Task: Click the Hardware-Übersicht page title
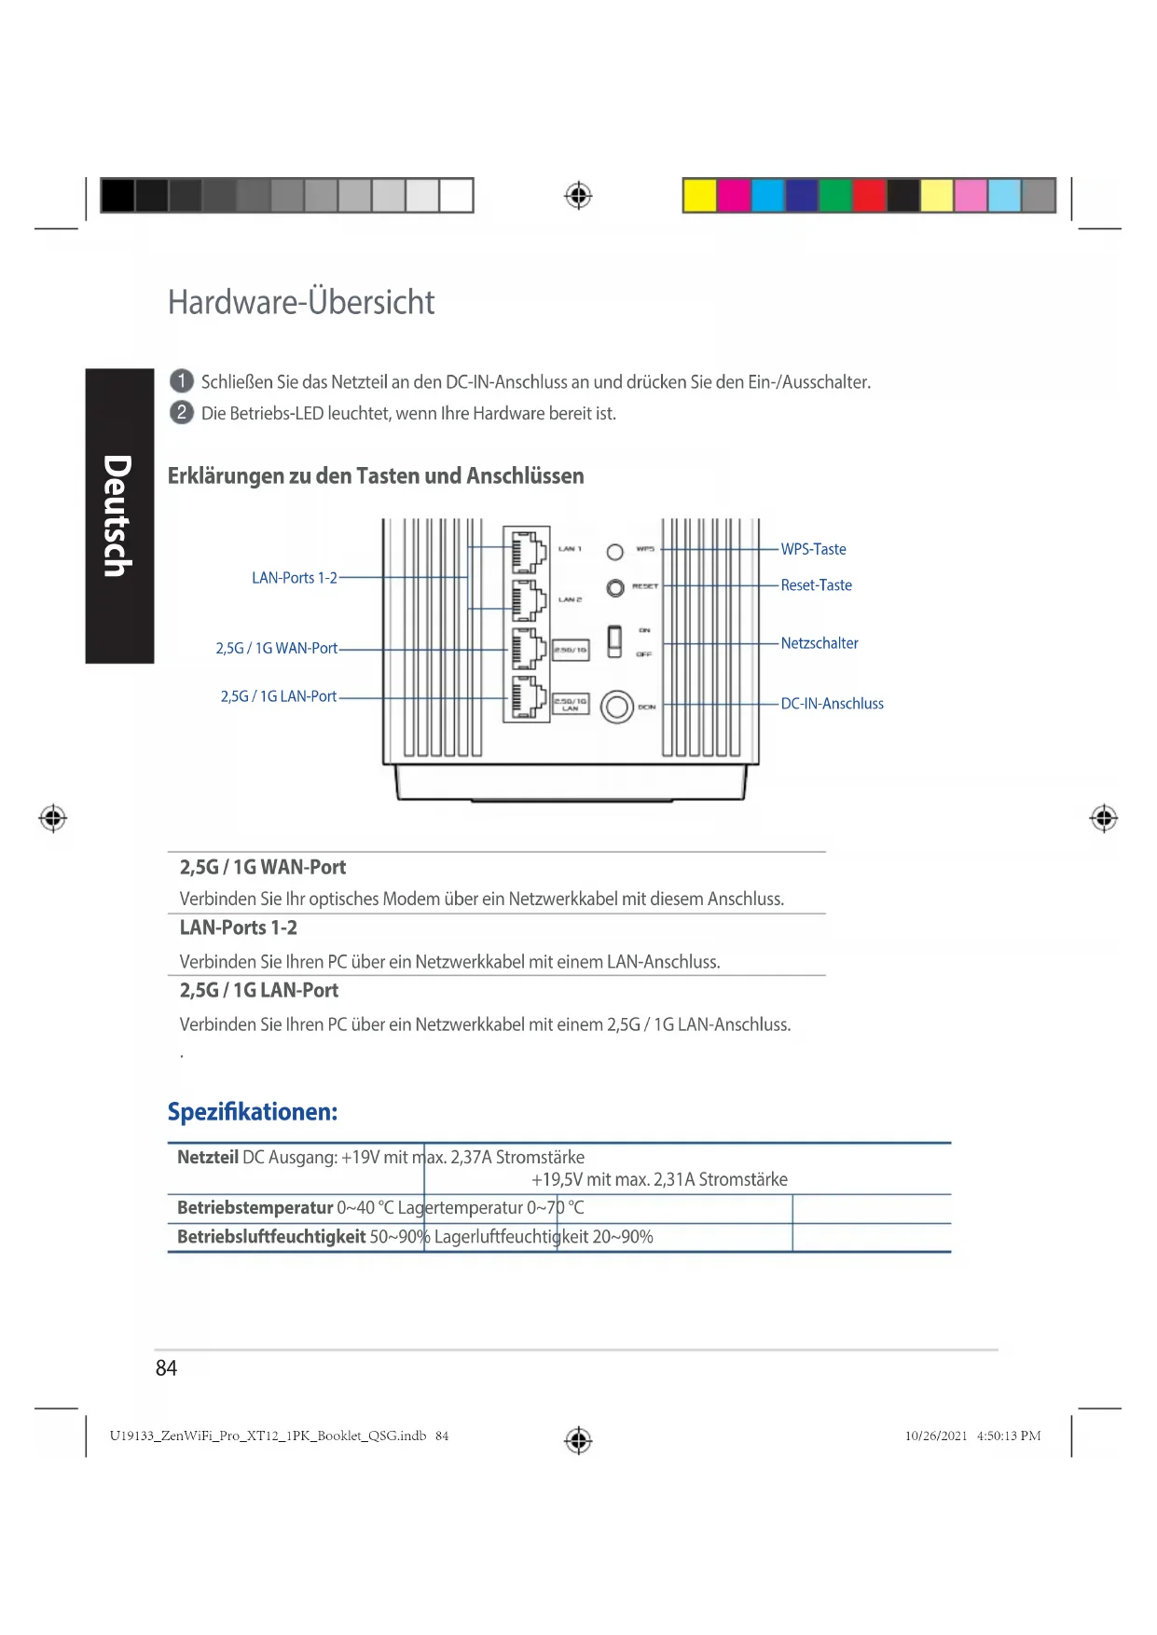(x=300, y=302)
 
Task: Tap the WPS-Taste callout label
(x=813, y=549)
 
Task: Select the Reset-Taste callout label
(x=816, y=585)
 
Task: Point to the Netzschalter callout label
(x=820, y=643)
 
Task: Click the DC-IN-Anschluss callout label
(x=832, y=704)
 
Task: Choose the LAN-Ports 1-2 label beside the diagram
(x=295, y=578)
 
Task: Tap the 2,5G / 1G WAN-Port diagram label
(x=277, y=648)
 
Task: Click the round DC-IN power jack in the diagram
(x=616, y=707)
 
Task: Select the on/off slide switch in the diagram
(x=614, y=641)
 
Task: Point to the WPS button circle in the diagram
(x=615, y=552)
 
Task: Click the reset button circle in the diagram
(x=615, y=588)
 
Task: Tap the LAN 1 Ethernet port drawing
(x=528, y=552)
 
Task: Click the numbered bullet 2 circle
(x=182, y=412)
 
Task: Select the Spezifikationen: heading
(x=253, y=1112)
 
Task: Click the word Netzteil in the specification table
(x=208, y=1158)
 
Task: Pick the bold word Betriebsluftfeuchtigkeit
(x=271, y=1237)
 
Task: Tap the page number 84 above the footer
(x=166, y=1367)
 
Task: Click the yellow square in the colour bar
(x=700, y=196)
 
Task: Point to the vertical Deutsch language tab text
(x=118, y=515)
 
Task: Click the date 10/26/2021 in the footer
(x=936, y=1436)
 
